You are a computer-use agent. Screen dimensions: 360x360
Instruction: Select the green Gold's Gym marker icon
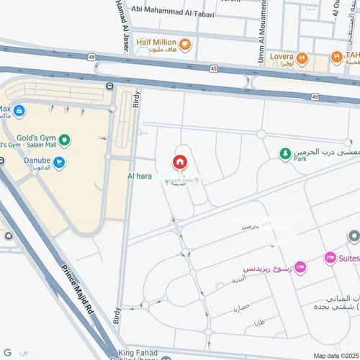pos(65,140)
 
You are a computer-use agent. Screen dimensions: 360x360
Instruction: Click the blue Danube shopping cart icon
pos(59,163)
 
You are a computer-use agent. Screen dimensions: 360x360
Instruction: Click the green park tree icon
pos(286,153)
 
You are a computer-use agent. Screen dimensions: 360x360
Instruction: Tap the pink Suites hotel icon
pos(330,258)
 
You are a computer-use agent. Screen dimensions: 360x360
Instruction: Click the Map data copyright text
pos(334,355)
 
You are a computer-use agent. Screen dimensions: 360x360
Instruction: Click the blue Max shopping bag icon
pos(19,112)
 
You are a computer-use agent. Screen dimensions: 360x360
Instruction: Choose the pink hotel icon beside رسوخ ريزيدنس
pos(300,268)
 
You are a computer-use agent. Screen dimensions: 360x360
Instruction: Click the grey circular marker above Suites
pos(354,236)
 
